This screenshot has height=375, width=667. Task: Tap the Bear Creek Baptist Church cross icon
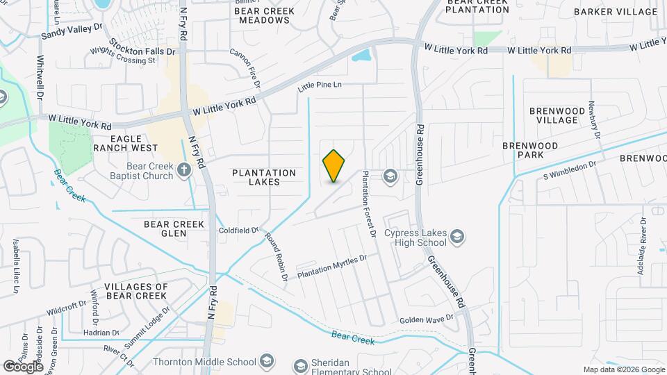pos(184,169)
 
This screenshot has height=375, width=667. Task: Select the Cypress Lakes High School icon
pos(457,237)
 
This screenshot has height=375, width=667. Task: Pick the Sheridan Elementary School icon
pos(300,365)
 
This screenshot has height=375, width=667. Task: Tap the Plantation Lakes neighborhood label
pos(265,177)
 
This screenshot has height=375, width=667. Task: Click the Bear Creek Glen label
pos(174,228)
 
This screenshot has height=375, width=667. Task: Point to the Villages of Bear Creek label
pos(136,291)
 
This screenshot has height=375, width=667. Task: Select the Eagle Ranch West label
pos(125,144)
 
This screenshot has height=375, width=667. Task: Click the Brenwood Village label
pos(553,115)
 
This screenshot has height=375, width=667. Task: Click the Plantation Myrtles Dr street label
pos(331,266)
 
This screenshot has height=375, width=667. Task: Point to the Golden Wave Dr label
pos(426,319)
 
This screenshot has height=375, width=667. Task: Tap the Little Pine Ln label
pos(320,86)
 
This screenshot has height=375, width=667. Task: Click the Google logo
pos(23,366)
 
